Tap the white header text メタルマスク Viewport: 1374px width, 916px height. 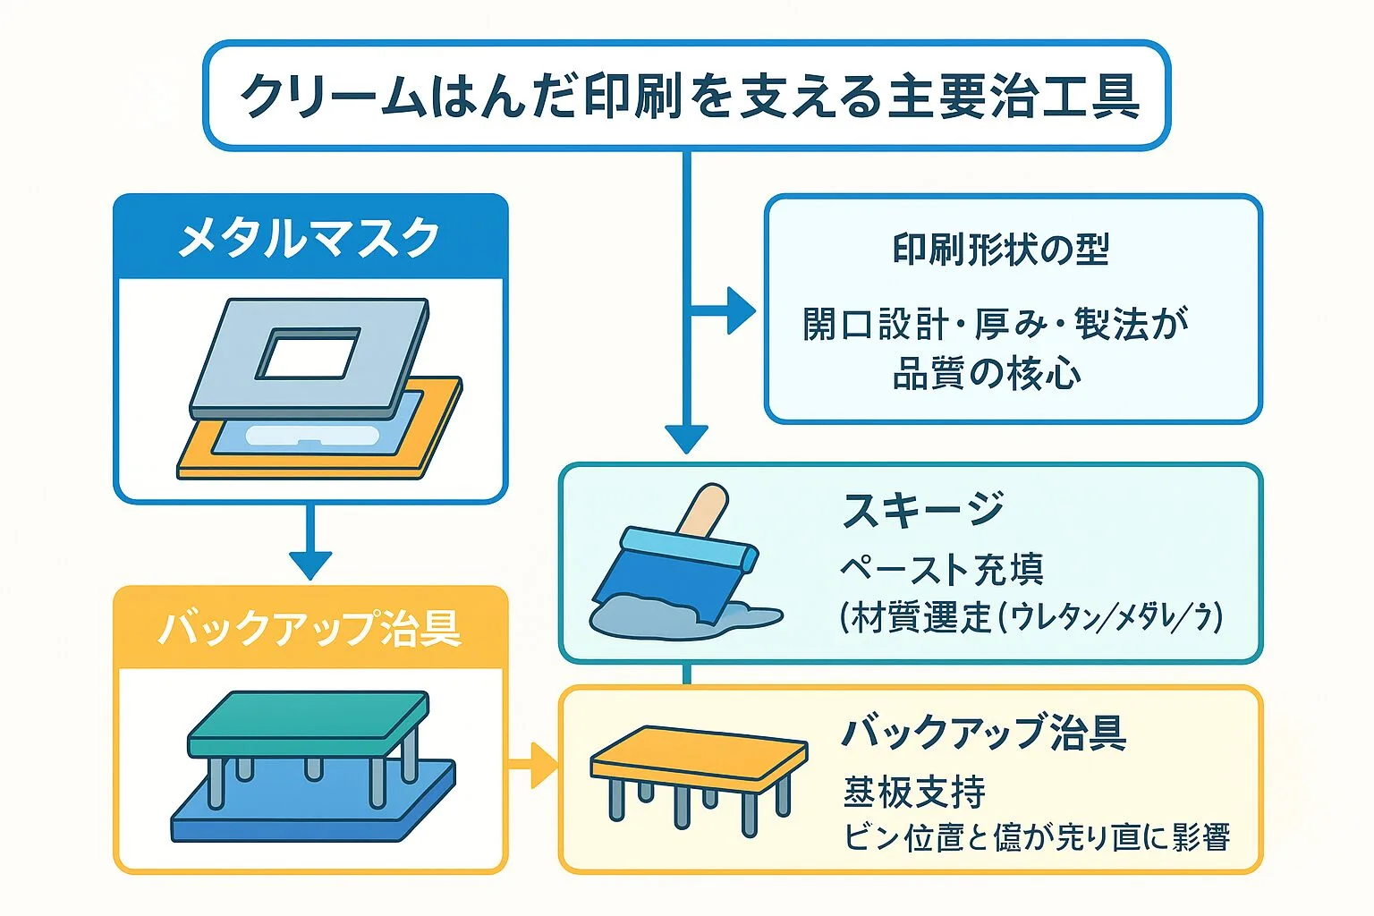310,238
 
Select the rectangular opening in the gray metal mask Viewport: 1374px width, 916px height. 308,354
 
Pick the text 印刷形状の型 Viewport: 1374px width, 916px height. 1000,250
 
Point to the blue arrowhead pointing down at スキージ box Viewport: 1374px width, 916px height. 686,438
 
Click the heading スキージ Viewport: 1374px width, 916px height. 923,511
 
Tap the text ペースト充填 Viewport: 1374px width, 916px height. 941,569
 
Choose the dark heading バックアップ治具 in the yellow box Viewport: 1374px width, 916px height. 984,733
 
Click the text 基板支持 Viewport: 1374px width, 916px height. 914,792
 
